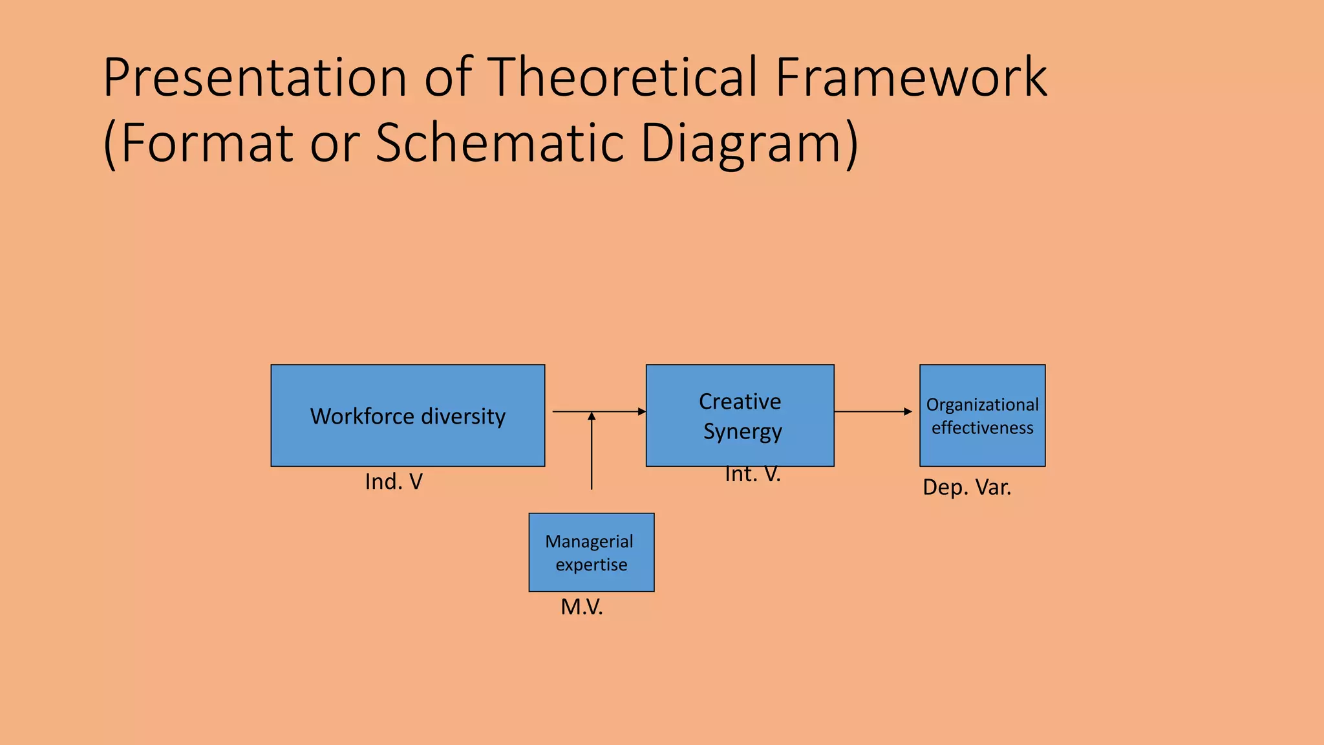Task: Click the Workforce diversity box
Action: (407, 415)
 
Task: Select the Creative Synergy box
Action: (740, 415)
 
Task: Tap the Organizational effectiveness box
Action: (982, 415)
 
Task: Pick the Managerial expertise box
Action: (591, 552)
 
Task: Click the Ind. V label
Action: (394, 482)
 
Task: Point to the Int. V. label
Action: (753, 475)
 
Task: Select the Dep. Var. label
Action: (966, 487)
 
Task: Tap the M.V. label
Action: (582, 607)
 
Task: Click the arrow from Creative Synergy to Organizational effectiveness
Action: (873, 411)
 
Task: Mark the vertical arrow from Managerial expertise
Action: (592, 453)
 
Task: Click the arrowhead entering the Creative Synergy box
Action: (641, 411)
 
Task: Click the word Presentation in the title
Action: (255, 78)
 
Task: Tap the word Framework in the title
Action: (911, 78)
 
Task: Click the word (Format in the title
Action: (198, 144)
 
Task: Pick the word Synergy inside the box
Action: (742, 431)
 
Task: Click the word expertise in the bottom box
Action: (591, 565)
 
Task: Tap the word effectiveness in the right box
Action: (982, 427)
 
